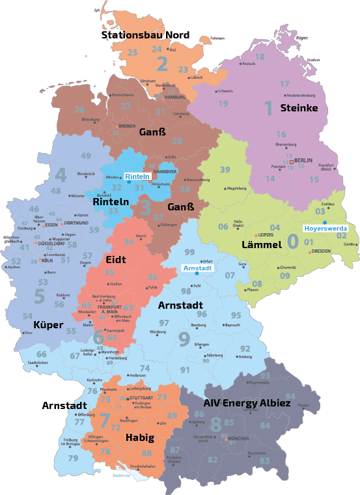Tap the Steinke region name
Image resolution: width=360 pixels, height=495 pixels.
pyautogui.click(x=299, y=107)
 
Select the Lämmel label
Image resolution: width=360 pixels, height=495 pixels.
pyautogui.click(x=261, y=245)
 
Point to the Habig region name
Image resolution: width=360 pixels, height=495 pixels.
pyautogui.click(x=140, y=438)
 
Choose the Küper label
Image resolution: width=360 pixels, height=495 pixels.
pyautogui.click(x=48, y=324)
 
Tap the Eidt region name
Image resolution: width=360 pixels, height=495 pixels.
pyautogui.click(x=116, y=259)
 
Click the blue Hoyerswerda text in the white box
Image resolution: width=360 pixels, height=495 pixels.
pyautogui.click(x=325, y=229)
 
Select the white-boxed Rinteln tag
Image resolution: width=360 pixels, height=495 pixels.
pyautogui.click(x=137, y=177)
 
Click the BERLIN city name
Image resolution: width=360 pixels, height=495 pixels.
pyautogui.click(x=303, y=160)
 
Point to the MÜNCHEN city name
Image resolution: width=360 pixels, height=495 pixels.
pyautogui.click(x=238, y=439)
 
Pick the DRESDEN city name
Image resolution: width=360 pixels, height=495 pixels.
pyautogui.click(x=321, y=251)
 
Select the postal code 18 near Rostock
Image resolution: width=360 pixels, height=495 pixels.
pyautogui.click(x=260, y=57)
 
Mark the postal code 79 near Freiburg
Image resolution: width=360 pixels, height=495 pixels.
pyautogui.click(x=73, y=459)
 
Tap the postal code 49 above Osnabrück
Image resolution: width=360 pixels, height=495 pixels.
pyautogui.click(x=86, y=156)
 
